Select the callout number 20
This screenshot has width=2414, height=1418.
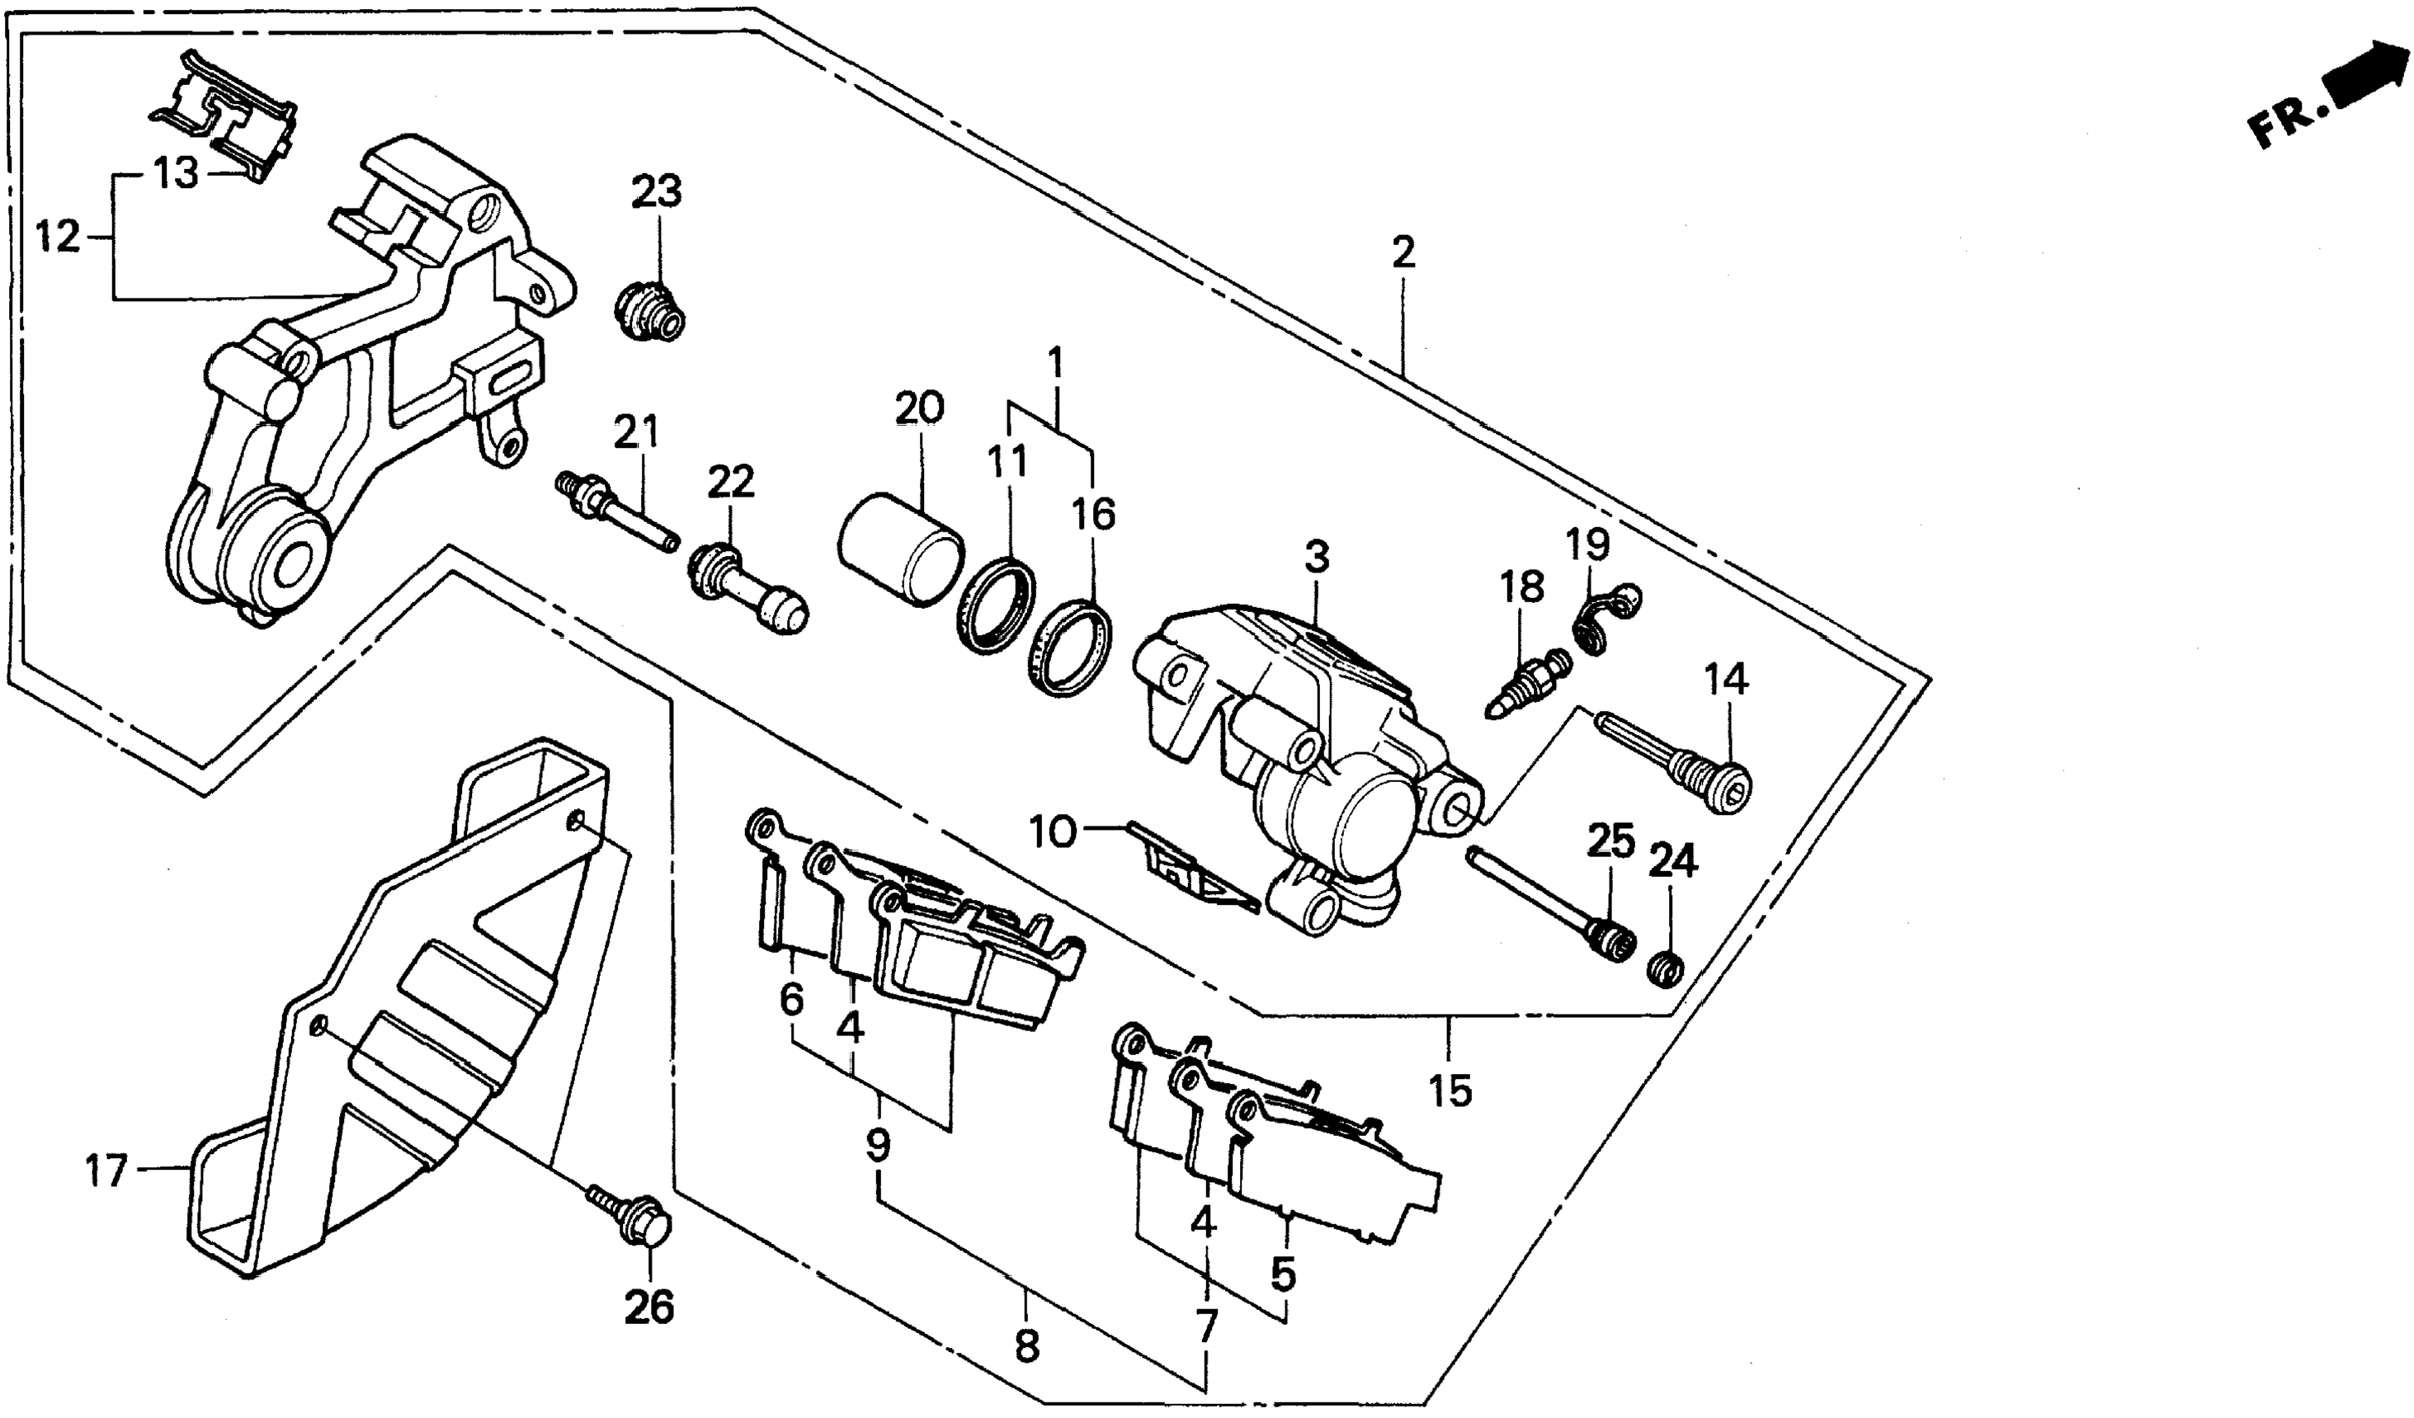[x=919, y=408]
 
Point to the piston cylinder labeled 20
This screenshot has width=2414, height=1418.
[x=899, y=550]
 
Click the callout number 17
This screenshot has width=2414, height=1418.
[x=106, y=1170]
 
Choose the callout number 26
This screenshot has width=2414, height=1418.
[x=649, y=1307]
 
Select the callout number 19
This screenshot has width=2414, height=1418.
[x=1587, y=544]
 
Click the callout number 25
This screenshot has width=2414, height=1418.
[x=1610, y=841]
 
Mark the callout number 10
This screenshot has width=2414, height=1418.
[x=1053, y=831]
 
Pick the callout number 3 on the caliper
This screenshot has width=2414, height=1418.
[x=1318, y=557]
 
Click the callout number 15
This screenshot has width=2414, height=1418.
[x=1450, y=1091]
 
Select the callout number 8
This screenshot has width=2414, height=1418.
[x=1026, y=1347]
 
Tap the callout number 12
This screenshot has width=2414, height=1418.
[x=58, y=237]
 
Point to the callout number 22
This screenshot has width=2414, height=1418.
[x=731, y=482]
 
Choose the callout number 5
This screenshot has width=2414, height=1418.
[x=1283, y=1274]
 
